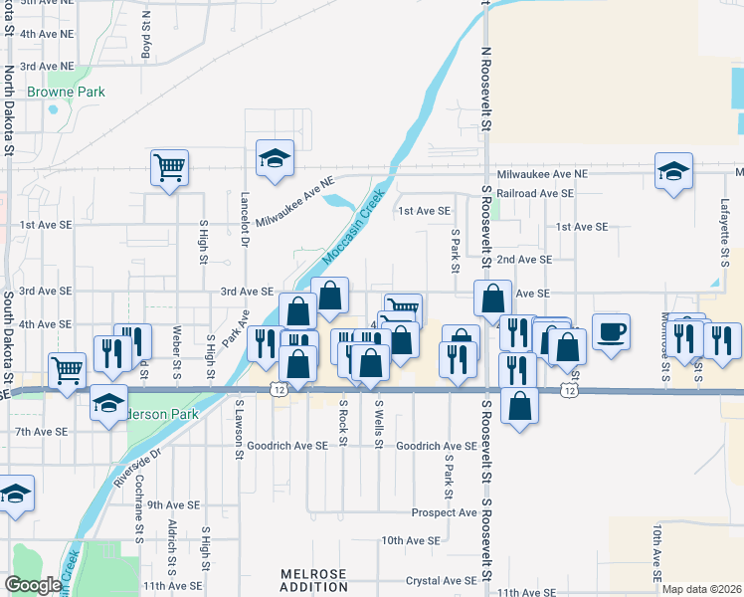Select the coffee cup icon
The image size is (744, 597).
pos(611,330)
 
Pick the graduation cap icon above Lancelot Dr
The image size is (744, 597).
pos(275,158)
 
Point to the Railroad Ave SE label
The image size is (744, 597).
pos(535,193)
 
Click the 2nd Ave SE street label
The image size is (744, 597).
pos(524,259)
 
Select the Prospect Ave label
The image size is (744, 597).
pos(445,512)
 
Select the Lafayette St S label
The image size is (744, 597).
pos(724,229)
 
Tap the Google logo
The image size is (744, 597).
pos(34,585)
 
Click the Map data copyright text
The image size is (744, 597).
pos(702,589)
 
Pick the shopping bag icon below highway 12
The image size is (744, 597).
pos(519,406)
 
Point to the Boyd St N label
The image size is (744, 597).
pos(146,33)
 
